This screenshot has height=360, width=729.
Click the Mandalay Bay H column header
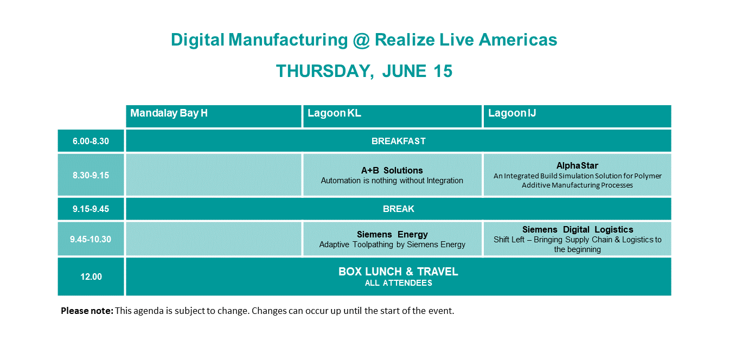click(169, 113)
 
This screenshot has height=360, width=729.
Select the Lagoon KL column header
click(334, 113)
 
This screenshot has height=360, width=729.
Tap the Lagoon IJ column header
click(512, 113)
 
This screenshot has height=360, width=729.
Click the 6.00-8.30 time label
click(91, 142)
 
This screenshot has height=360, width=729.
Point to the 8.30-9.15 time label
click(91, 175)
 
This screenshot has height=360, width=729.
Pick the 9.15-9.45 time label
click(91, 209)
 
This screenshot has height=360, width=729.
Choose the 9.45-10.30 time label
click(91, 239)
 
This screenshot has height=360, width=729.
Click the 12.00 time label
click(91, 277)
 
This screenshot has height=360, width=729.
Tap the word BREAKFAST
click(398, 142)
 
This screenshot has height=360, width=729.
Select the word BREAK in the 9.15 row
click(398, 209)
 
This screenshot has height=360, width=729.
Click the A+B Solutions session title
click(392, 170)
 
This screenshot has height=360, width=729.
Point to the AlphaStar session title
click(577, 165)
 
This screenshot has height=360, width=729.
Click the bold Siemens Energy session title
click(392, 234)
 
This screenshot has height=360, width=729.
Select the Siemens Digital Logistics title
click(577, 229)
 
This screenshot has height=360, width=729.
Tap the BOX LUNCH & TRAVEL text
click(398, 272)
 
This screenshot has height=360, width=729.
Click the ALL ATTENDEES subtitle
click(398, 283)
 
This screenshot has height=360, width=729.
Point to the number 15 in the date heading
click(443, 71)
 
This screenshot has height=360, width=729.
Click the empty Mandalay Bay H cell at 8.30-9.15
click(214, 175)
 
